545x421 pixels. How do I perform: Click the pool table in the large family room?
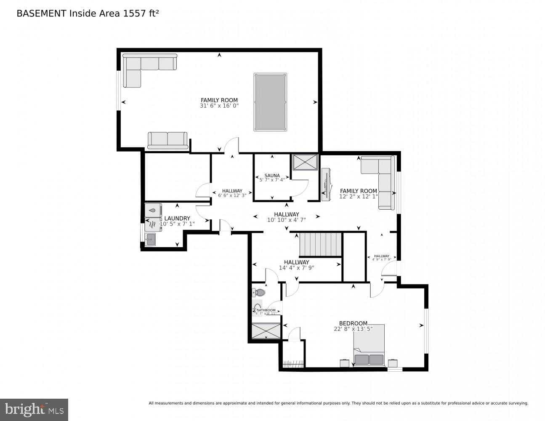[x=271, y=102]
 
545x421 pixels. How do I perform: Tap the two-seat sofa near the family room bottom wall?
[x=167, y=140]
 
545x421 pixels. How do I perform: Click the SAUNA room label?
[x=272, y=176]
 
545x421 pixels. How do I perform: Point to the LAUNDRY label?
[x=177, y=218]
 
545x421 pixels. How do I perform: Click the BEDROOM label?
[x=353, y=323]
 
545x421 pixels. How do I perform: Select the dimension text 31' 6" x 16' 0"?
[x=219, y=106]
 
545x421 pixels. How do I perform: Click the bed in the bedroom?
[x=369, y=345]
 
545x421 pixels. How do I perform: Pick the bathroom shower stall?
[x=266, y=330]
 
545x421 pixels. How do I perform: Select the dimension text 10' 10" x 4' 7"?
[x=286, y=220]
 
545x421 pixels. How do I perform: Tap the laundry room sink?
[x=150, y=240]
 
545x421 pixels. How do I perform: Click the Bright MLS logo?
[x=34, y=409]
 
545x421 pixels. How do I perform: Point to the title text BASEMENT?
[x=41, y=13]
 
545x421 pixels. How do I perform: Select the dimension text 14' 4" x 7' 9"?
[x=296, y=268]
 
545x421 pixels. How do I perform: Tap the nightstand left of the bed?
[x=344, y=363]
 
